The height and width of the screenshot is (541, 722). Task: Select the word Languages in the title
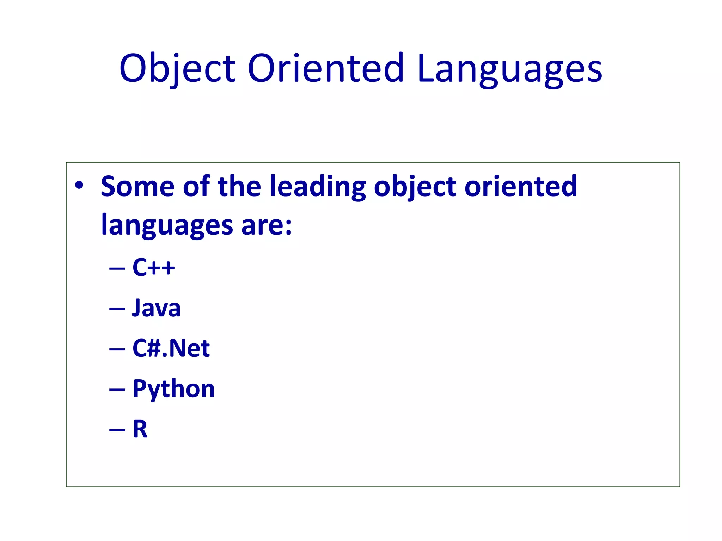pyautogui.click(x=510, y=68)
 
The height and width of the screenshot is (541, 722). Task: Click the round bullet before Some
pyautogui.click(x=79, y=185)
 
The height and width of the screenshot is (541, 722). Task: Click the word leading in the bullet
pyautogui.click(x=318, y=187)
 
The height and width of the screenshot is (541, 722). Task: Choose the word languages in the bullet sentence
pyautogui.click(x=167, y=225)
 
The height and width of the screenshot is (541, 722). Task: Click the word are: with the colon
pyautogui.click(x=267, y=225)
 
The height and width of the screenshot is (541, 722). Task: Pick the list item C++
pyautogui.click(x=153, y=267)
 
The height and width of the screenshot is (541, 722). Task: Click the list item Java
pyautogui.click(x=156, y=308)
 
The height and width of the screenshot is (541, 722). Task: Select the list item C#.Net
pyautogui.click(x=171, y=348)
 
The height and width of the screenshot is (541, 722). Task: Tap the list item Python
pyautogui.click(x=173, y=389)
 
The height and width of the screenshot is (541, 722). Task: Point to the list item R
pyautogui.click(x=140, y=429)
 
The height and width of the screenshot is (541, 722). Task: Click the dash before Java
pyautogui.click(x=117, y=309)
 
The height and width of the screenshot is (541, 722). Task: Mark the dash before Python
pyautogui.click(x=117, y=390)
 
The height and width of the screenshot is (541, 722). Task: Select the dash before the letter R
pyautogui.click(x=117, y=430)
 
